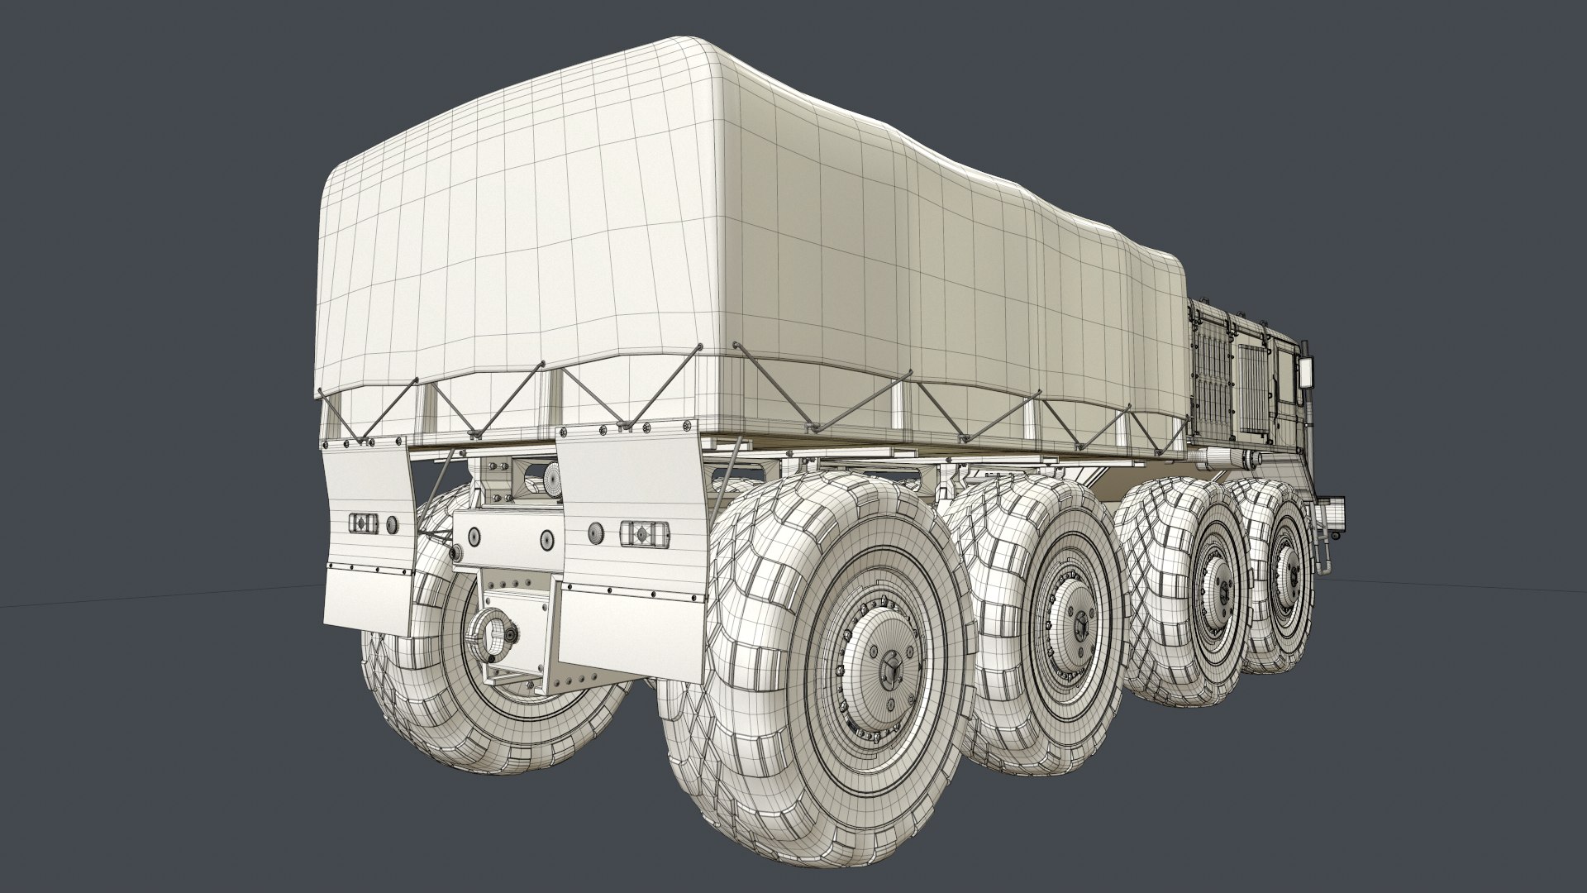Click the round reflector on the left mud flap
[393, 523]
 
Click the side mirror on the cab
[1308, 373]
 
